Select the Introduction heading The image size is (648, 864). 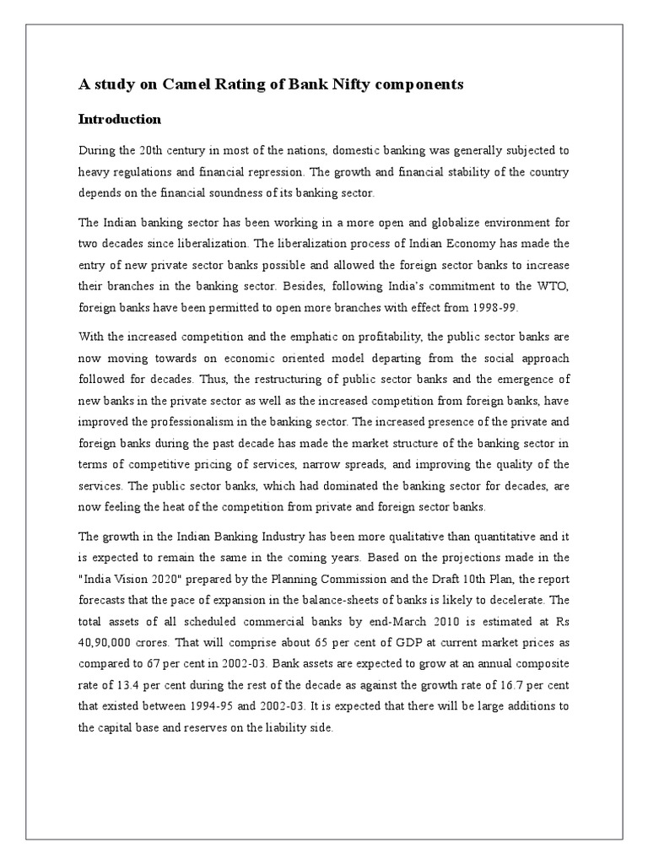(x=119, y=119)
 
